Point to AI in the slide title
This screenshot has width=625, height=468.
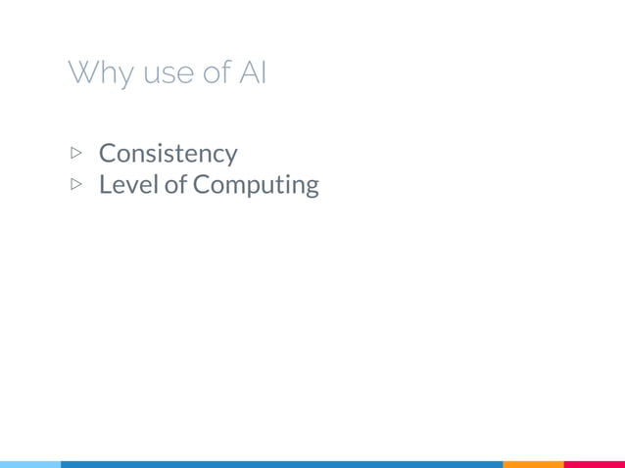point(253,72)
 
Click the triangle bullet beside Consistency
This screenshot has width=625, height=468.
point(77,153)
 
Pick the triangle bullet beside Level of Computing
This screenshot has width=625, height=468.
point(77,184)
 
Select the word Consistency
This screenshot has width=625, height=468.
point(168,154)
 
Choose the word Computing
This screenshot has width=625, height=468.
point(255,185)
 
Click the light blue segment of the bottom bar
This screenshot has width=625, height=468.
point(29,464)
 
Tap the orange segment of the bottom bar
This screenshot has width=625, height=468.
point(533,464)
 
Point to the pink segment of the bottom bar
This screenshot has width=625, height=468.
point(595,464)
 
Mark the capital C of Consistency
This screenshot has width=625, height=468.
point(108,153)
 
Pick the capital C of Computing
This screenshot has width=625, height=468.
point(201,184)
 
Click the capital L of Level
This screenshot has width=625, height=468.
point(105,184)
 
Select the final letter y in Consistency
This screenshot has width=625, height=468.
point(230,157)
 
